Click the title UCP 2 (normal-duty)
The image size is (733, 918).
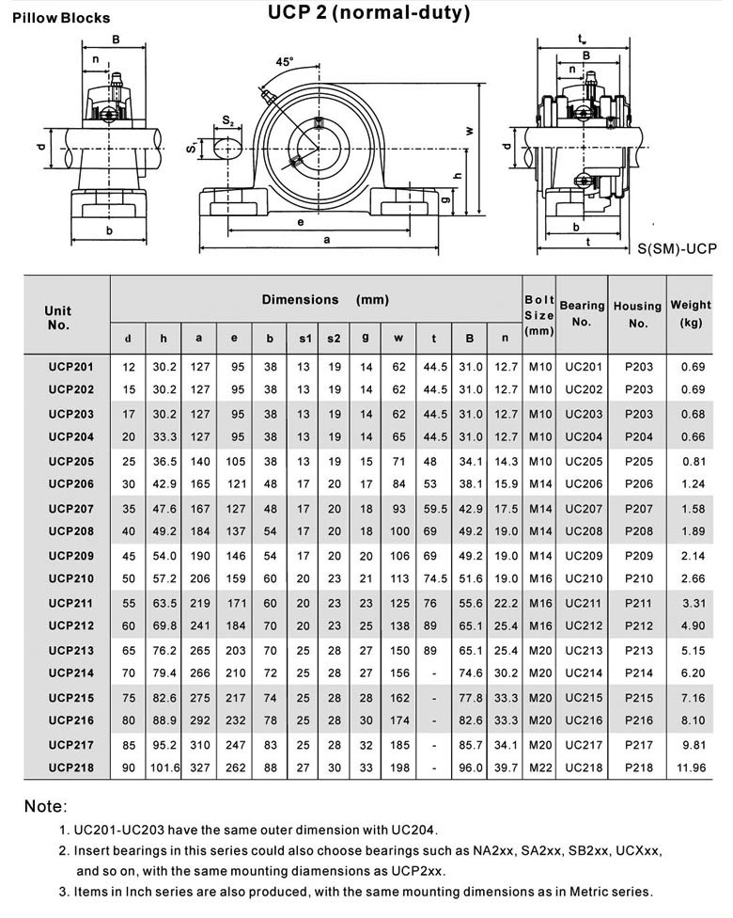coord(368,13)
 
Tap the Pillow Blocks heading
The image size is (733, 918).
coord(61,18)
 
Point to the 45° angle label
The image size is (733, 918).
coord(284,61)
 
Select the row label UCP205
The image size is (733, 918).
coord(71,461)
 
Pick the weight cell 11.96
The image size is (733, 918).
coord(692,768)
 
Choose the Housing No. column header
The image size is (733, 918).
coord(637,314)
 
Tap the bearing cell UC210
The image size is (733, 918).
coord(583,578)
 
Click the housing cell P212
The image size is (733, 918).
coord(638,625)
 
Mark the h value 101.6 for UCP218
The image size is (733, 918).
coord(164,768)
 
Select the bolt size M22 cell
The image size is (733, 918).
coord(538,768)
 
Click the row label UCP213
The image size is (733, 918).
coord(71,649)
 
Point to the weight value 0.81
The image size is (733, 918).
coord(692,461)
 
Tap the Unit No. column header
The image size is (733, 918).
coord(58,317)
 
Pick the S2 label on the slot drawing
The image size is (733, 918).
coord(228,121)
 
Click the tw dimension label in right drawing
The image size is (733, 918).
coord(583,39)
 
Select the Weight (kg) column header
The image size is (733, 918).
coord(691,313)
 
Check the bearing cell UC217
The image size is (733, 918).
coord(583,744)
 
